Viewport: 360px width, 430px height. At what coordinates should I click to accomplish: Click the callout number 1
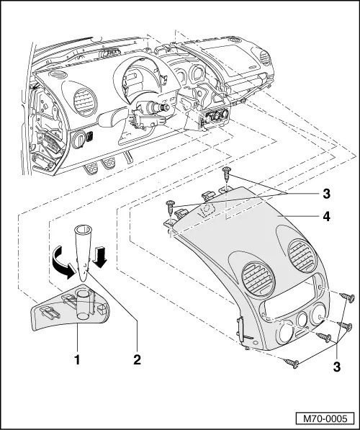78,359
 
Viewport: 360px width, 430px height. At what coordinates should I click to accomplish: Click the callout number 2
137,359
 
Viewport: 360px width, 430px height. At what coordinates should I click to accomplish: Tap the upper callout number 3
326,194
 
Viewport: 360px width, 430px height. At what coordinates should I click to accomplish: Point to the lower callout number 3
337,367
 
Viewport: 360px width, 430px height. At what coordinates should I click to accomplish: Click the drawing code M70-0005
325,418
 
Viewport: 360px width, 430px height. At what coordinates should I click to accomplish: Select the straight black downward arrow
100,257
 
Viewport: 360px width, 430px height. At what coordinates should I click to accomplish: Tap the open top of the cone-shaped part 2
83,229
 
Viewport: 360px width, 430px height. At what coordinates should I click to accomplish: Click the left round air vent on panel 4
258,279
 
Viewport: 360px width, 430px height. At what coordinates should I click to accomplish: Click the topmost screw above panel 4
227,172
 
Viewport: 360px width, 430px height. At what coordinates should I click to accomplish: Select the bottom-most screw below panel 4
292,363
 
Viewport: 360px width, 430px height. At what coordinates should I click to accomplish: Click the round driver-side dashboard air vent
85,102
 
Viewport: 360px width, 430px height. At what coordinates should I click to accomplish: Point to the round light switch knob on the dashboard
78,139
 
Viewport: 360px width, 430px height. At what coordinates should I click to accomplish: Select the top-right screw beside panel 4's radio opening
346,297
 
